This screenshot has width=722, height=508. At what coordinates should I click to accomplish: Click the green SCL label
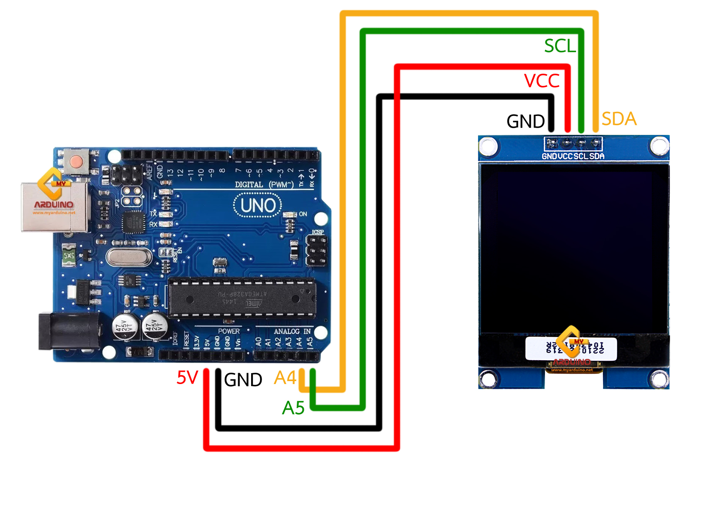(560, 46)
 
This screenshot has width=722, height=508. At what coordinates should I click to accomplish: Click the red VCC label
(542, 81)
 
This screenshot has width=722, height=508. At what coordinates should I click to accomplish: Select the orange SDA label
(619, 119)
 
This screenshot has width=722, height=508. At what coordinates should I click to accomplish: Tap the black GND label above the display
(525, 121)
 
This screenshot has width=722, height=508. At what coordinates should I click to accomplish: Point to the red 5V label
(187, 378)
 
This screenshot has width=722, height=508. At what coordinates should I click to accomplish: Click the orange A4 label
(285, 378)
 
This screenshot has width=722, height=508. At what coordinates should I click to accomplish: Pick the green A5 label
(293, 408)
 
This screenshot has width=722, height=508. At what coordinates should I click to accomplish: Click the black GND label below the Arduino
(243, 380)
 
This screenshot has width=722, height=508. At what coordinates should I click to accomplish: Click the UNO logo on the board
(257, 206)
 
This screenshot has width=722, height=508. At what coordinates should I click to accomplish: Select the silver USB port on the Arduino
(54, 207)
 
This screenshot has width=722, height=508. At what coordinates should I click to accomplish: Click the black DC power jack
(69, 331)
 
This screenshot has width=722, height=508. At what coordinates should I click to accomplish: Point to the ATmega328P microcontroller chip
(242, 298)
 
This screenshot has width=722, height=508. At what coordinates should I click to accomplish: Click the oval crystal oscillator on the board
(128, 256)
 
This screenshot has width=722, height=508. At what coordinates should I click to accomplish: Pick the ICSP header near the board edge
(316, 250)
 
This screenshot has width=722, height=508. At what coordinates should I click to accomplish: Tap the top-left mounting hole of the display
(488, 146)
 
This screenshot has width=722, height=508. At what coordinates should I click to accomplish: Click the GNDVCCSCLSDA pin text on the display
(573, 156)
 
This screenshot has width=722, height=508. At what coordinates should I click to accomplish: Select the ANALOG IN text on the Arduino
(292, 331)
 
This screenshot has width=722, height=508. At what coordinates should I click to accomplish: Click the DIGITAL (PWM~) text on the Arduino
(264, 185)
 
